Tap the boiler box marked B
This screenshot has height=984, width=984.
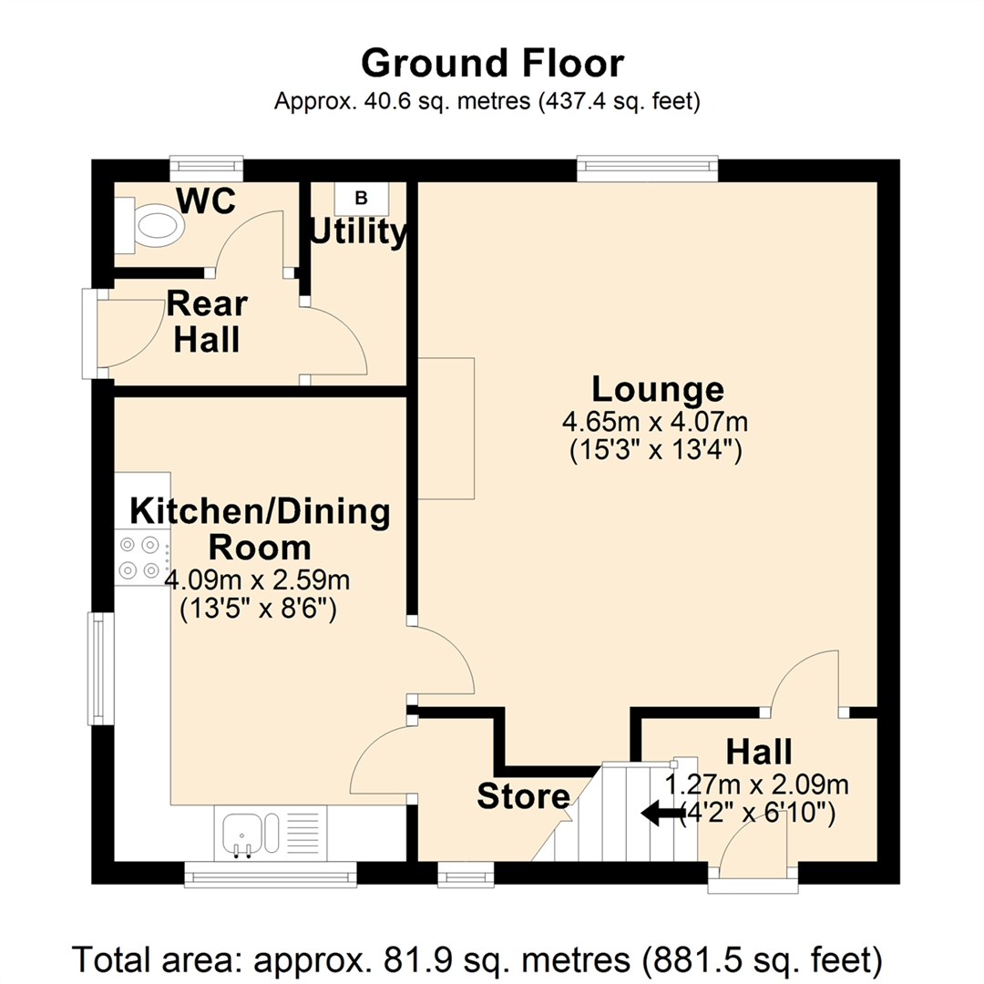coord(361,199)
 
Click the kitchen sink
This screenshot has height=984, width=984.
coord(251,833)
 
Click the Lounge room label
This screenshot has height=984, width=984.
coord(658,389)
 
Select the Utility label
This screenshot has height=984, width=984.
coord(358,231)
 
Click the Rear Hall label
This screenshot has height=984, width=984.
coord(207,322)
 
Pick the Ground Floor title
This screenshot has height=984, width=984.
coord(493,63)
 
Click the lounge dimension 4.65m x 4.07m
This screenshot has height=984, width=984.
coord(655,422)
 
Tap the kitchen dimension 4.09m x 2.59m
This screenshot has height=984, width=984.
coord(257,579)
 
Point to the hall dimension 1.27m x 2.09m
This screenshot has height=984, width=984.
coord(757,784)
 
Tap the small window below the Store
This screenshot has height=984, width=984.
coord(466,874)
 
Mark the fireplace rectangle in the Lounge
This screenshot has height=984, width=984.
coord(446,428)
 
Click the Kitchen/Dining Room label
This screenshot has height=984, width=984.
coord(260,529)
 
